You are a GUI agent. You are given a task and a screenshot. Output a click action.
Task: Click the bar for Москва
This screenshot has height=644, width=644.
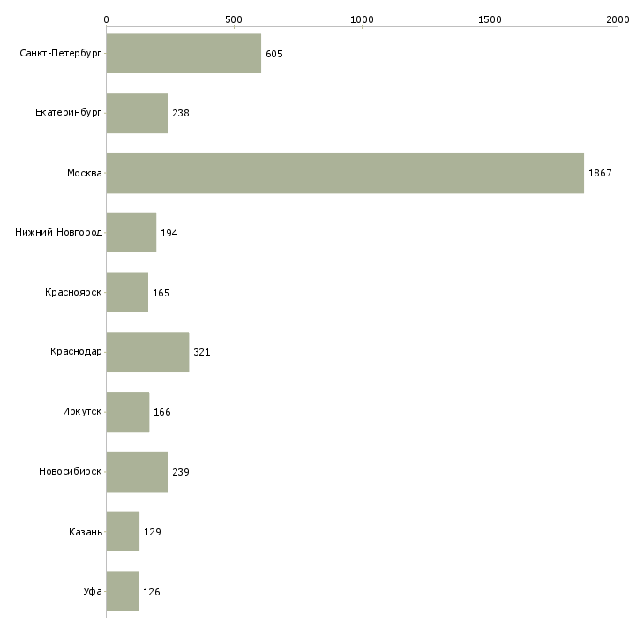click(x=345, y=173)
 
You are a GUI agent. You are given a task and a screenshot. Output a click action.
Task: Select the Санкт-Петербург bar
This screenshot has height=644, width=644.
click(x=183, y=53)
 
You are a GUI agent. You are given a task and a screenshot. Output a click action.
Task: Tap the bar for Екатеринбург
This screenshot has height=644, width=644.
click(x=137, y=113)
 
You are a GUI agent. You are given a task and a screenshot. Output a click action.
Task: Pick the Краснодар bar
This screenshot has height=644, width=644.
click(x=148, y=352)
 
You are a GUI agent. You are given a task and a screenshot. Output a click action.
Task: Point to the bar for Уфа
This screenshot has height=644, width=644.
click(x=123, y=591)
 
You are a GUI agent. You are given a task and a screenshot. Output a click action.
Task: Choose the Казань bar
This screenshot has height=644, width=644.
click(x=123, y=531)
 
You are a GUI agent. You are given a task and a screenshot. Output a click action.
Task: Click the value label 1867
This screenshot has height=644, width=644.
click(x=600, y=173)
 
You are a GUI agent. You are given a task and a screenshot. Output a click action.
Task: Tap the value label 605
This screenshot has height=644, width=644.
click(x=274, y=54)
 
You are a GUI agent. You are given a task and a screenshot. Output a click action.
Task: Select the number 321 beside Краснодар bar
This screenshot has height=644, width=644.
click(x=202, y=352)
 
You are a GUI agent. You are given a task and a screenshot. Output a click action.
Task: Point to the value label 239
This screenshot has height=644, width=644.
click(x=181, y=472)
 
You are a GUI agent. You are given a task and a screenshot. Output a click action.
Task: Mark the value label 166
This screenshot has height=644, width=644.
click(x=161, y=412)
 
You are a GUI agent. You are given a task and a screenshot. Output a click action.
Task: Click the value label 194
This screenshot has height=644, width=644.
click(x=168, y=233)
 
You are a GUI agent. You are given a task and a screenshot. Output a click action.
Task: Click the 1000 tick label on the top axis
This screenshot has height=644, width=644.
click(x=362, y=19)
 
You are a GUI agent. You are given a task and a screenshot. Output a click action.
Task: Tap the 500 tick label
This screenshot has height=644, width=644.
click(x=234, y=19)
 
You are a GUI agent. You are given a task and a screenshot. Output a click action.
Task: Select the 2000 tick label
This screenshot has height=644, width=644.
click(x=618, y=19)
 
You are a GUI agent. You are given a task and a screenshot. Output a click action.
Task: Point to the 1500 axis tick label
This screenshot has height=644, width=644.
click(x=490, y=19)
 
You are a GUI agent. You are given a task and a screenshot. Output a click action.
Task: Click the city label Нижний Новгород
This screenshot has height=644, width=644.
click(x=59, y=232)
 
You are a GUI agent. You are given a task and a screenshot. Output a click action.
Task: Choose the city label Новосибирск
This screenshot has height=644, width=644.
click(x=71, y=471)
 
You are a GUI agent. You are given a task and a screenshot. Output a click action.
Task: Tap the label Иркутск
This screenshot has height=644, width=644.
click(x=82, y=411)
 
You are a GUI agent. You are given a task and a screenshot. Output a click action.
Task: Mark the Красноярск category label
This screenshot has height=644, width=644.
click(x=73, y=292)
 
